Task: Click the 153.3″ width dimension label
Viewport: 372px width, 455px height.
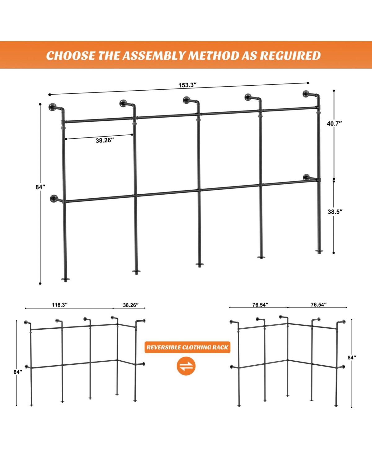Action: [188, 85]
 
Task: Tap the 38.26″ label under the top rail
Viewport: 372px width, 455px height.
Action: [105, 141]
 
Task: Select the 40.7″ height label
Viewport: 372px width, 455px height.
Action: [334, 124]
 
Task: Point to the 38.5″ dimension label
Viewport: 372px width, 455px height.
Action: [335, 212]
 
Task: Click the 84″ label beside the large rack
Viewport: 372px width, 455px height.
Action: [40, 187]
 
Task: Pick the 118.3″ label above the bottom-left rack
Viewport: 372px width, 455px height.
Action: [60, 305]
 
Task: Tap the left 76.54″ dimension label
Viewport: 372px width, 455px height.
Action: [260, 305]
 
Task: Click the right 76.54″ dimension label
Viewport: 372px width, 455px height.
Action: [319, 305]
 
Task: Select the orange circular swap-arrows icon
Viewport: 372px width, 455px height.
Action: [186, 366]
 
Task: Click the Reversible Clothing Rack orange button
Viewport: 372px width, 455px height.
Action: [188, 348]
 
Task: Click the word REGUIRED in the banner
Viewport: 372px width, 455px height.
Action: [290, 56]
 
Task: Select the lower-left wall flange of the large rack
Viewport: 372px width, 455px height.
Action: [54, 198]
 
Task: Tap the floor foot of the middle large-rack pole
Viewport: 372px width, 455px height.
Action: [200, 265]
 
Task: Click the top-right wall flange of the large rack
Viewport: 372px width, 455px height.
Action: [306, 94]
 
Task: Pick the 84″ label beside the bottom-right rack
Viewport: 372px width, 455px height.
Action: [352, 358]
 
